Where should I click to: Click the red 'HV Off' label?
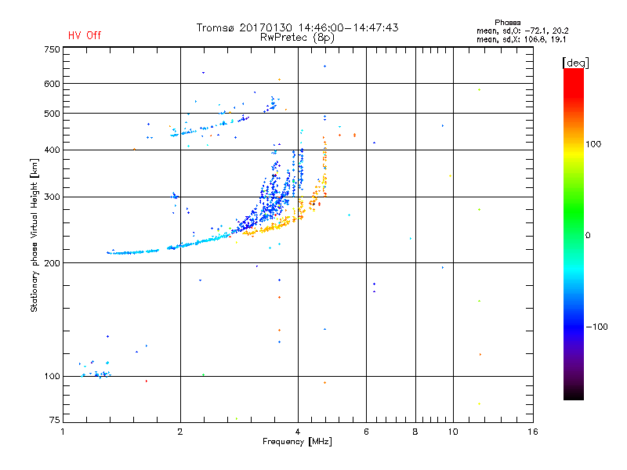click(85, 35)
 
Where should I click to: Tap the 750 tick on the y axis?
click(52, 49)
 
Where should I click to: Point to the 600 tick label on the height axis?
click(52, 84)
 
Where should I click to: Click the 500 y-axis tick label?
click(52, 114)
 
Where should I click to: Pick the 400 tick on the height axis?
click(52, 150)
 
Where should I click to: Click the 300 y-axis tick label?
click(52, 197)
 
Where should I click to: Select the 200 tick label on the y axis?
click(52, 263)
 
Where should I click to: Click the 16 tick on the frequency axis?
click(532, 432)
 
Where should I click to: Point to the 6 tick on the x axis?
click(366, 432)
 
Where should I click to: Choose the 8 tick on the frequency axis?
click(415, 432)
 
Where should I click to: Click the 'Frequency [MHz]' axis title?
click(297, 443)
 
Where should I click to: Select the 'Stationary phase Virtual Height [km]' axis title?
click(34, 235)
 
